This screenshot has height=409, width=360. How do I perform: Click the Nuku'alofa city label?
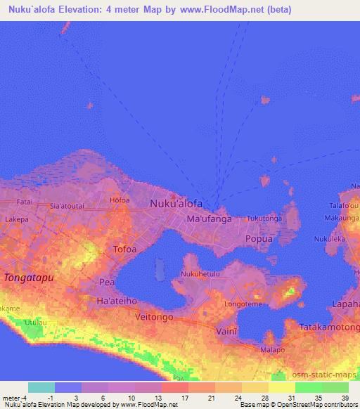(x=176, y=204)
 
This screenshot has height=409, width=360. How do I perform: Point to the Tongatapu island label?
(x=29, y=278)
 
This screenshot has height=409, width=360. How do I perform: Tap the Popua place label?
(x=258, y=239)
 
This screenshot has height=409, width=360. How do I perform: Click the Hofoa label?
(x=120, y=200)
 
